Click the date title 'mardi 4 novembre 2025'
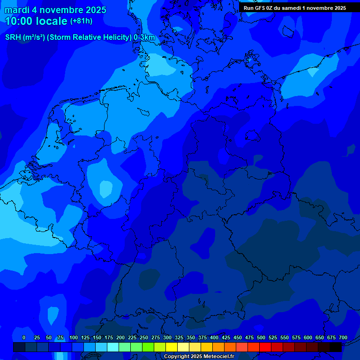(x=56, y=10)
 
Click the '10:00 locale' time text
(x=36, y=21)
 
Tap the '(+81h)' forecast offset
(x=81, y=21)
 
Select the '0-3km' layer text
(x=144, y=37)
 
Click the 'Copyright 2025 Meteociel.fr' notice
(x=199, y=356)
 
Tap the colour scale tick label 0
(x=24, y=337)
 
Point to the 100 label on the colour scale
(x=74, y=337)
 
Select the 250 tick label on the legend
(x=144, y=337)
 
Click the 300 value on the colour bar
(x=167, y=337)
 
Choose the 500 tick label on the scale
(x=261, y=337)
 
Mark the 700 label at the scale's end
(x=343, y=337)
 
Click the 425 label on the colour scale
(x=226, y=337)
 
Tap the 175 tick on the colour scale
(x=109, y=337)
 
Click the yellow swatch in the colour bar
(x=172, y=347)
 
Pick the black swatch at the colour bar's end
(x=336, y=347)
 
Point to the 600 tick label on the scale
(x=308, y=337)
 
